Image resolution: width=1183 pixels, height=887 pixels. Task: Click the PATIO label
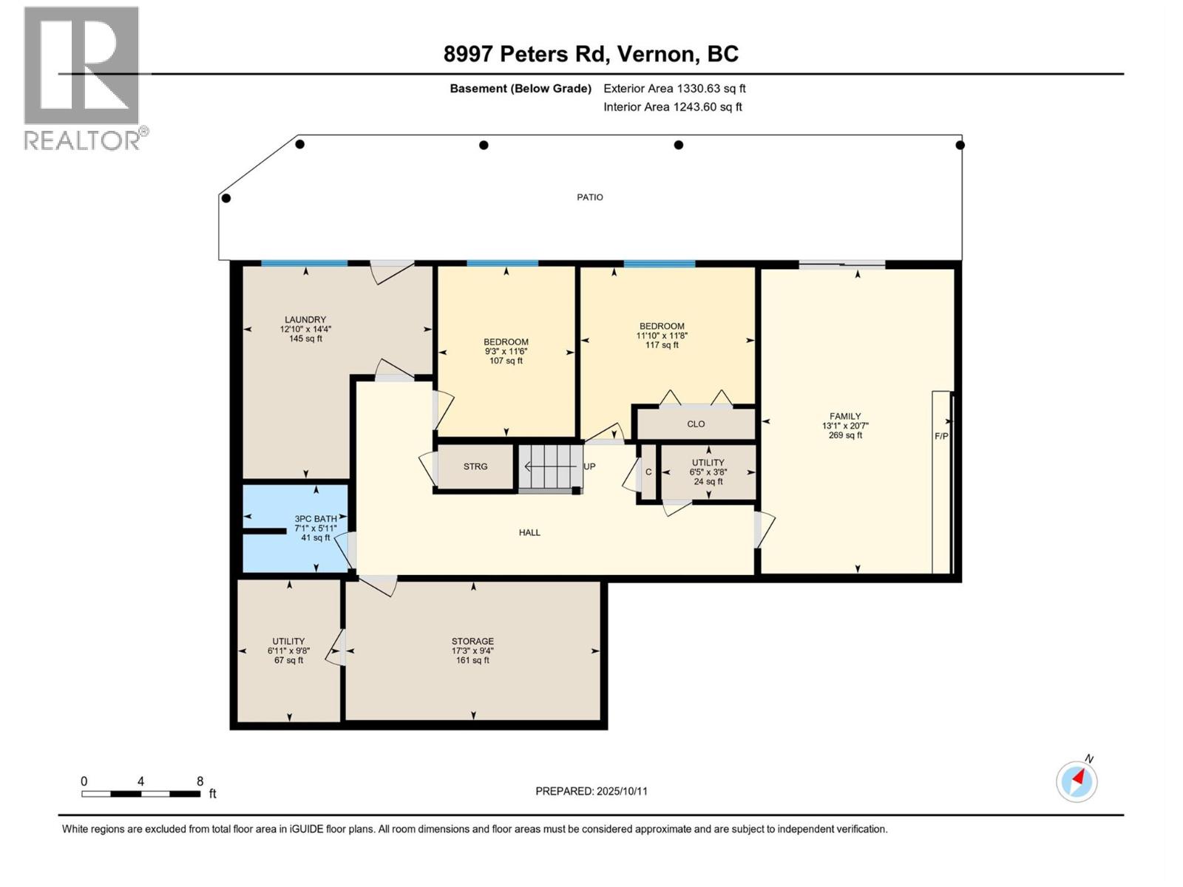tap(589, 197)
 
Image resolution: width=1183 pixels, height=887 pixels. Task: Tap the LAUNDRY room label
tap(305, 320)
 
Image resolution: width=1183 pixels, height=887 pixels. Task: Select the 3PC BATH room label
tap(316, 519)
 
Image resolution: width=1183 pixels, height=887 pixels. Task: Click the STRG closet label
tap(475, 466)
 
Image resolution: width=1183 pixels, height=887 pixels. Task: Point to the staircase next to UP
tap(549, 466)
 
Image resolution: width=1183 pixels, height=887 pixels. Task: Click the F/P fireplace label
tap(941, 436)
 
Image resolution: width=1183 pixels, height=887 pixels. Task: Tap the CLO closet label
tap(696, 424)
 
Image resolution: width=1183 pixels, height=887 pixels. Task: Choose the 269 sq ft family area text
tap(845, 435)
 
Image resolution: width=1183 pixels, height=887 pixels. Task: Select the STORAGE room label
tap(472, 642)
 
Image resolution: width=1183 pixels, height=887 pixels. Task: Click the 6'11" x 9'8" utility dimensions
tap(288, 651)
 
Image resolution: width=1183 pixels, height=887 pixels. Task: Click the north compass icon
tap(1077, 781)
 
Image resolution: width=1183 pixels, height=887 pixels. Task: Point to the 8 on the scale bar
tap(200, 781)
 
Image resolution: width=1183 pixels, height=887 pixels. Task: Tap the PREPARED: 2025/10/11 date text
tap(591, 791)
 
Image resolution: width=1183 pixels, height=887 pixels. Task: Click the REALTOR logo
tap(83, 78)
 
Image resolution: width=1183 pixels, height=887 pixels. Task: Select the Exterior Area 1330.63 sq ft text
tap(674, 89)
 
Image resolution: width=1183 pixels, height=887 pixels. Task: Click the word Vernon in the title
tap(657, 54)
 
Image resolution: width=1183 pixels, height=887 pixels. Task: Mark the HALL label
tap(529, 532)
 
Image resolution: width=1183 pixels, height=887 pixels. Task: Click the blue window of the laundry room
tap(304, 263)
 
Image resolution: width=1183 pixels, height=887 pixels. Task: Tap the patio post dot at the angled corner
tap(226, 198)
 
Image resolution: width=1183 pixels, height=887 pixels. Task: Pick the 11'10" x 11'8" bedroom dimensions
tap(662, 336)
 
